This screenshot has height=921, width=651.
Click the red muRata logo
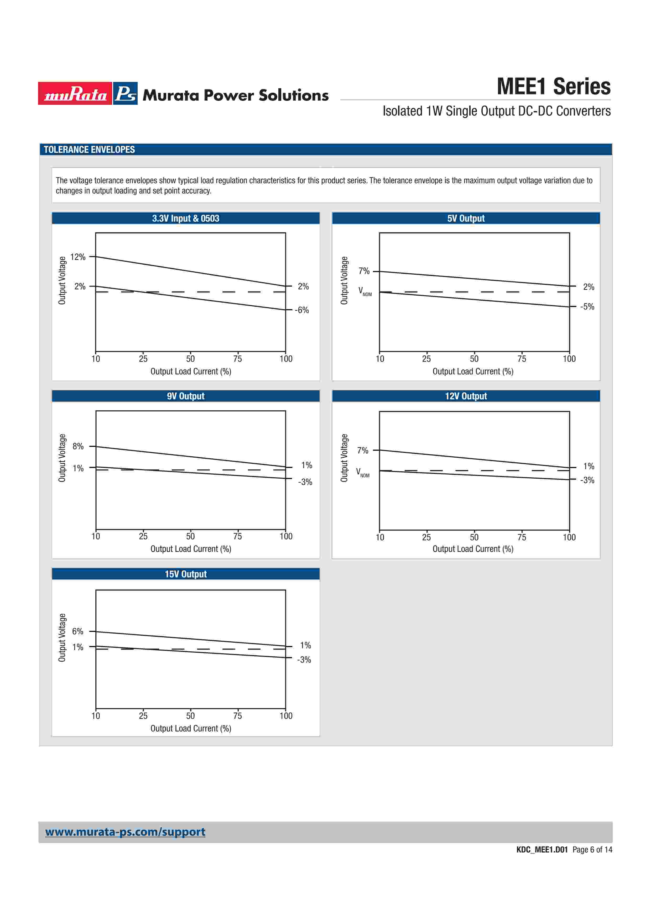[x=75, y=93]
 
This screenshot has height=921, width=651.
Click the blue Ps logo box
[x=125, y=93]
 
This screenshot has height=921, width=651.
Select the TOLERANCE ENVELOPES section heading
[x=89, y=150]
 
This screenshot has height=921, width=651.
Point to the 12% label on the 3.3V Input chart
[x=78, y=257]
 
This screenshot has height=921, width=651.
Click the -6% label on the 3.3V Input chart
[x=302, y=310]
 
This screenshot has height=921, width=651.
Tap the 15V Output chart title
[x=186, y=574]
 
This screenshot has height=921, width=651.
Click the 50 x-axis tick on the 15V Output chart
[x=191, y=716]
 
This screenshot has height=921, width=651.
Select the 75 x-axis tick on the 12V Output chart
[x=522, y=537]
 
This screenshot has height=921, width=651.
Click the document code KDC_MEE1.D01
[x=542, y=850]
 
